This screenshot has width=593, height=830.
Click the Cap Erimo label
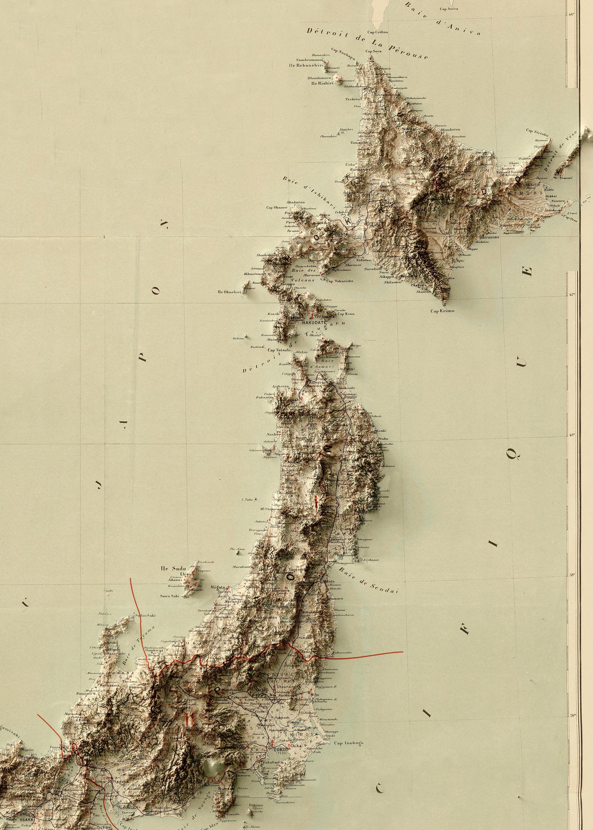442,311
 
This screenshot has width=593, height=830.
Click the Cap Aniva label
448,9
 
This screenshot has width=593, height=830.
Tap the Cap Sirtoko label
537,131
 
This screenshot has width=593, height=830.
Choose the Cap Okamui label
277,207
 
